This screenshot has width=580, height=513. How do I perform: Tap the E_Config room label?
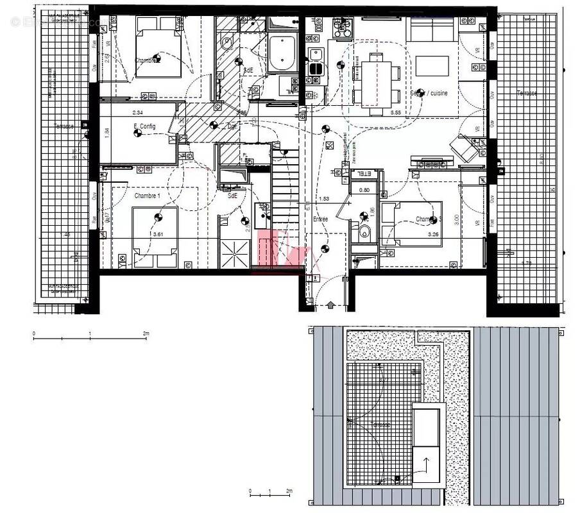coord(144,126)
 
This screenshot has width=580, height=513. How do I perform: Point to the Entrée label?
coord(320,219)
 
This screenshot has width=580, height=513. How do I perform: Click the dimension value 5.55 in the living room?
coord(396,112)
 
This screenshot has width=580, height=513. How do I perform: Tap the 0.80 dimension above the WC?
coord(364,190)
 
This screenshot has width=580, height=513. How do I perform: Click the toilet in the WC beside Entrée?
coord(364,232)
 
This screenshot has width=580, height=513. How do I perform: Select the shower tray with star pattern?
coord(232,253)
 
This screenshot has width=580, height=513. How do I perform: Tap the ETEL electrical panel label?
coord(364,174)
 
